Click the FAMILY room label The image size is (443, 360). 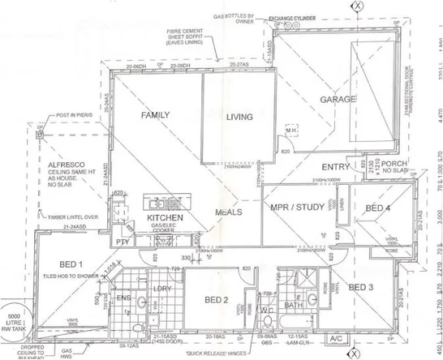click(x=155, y=115)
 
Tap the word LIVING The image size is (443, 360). click(x=240, y=117)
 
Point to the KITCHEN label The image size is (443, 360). click(x=163, y=219)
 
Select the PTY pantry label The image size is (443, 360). click(x=124, y=241)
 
